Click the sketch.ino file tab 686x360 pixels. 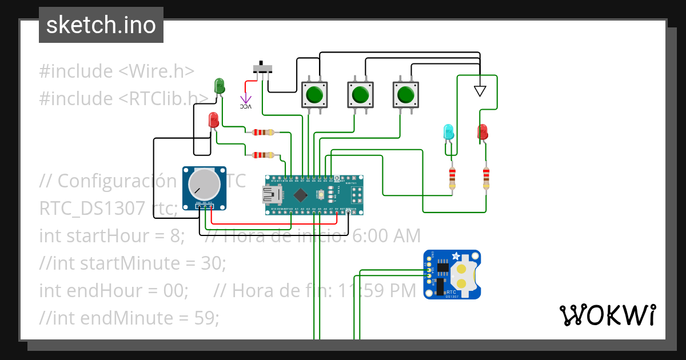(x=101, y=25)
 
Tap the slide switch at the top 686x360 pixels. (x=263, y=69)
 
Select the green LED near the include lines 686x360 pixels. (x=220, y=86)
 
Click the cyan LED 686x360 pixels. (x=449, y=133)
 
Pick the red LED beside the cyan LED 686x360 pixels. (x=482, y=132)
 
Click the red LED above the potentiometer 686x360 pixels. (x=214, y=121)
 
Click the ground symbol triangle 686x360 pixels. (x=480, y=91)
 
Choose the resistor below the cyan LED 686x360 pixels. (x=452, y=178)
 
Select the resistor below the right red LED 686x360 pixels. (x=486, y=178)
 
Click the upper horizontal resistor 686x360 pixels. (x=263, y=133)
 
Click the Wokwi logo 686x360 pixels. (x=607, y=315)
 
